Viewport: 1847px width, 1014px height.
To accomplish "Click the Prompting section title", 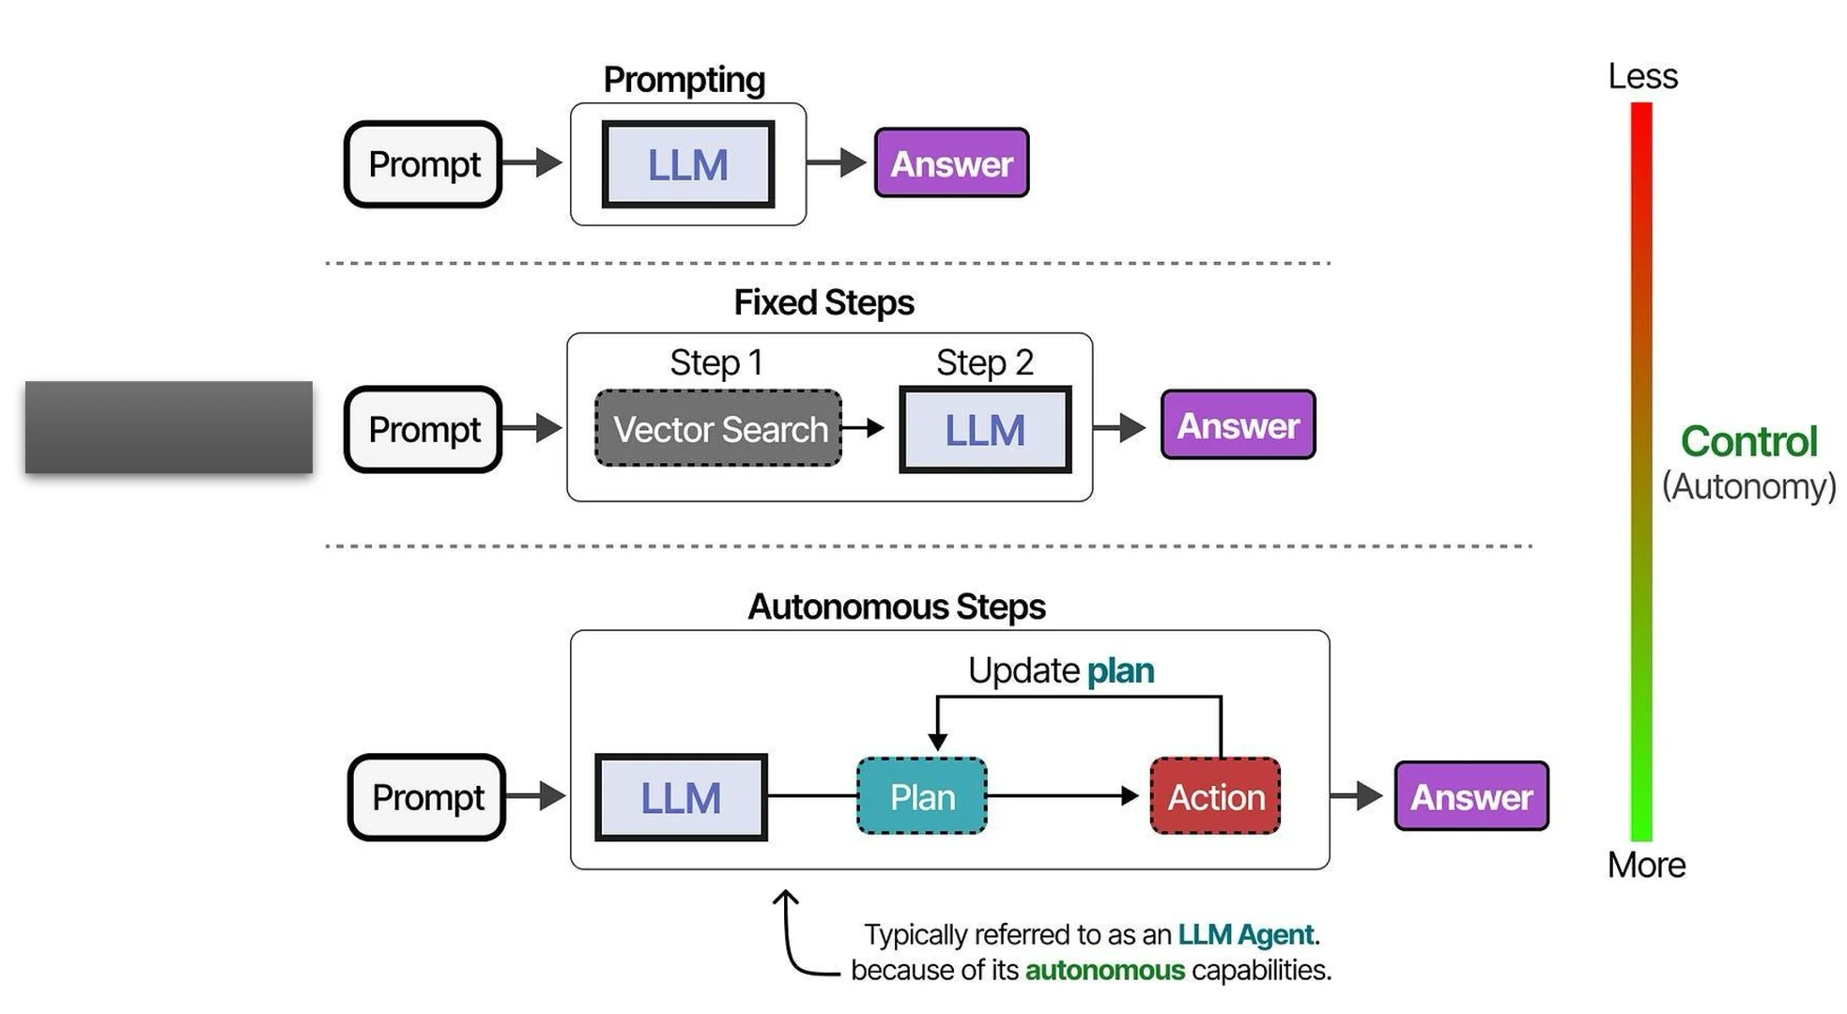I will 684,80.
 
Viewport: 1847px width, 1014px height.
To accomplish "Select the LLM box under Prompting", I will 687,165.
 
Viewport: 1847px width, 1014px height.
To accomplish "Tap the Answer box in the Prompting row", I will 951,163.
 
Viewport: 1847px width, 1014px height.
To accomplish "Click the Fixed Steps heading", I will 823,302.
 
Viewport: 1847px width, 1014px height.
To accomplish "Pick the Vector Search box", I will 719,429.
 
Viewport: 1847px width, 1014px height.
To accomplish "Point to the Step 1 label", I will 716,362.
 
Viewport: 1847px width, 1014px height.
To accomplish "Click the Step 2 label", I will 984,362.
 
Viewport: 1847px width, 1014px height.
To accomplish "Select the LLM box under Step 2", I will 985,430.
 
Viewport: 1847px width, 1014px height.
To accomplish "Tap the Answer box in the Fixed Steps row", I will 1238,425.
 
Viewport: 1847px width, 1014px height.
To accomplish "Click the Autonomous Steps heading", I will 896,607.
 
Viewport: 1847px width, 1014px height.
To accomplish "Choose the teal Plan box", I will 922,797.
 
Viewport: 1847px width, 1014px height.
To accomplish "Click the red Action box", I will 1216,797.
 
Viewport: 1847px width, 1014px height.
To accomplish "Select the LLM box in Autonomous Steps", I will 681,798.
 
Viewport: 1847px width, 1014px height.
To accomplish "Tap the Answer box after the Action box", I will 1471,797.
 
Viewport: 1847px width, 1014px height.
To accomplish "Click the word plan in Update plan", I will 1120,670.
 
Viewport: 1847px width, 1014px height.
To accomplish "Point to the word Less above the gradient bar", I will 1642,76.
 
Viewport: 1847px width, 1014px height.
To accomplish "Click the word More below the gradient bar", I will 1646,865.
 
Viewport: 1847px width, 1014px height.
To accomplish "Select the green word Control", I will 1748,441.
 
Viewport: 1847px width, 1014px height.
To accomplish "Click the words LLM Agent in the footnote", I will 1245,934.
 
